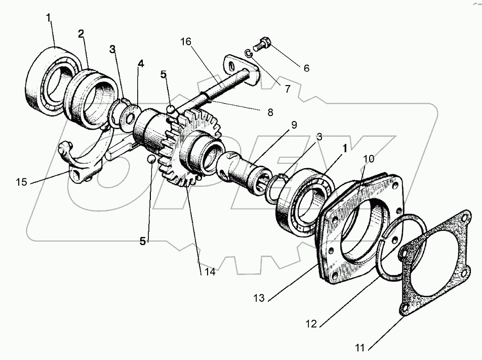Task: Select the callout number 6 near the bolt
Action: [306, 68]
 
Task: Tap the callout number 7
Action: [287, 89]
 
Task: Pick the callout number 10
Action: [369, 158]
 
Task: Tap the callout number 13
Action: [259, 299]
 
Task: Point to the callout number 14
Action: [210, 272]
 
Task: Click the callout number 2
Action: [81, 34]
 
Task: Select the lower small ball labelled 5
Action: [151, 159]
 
